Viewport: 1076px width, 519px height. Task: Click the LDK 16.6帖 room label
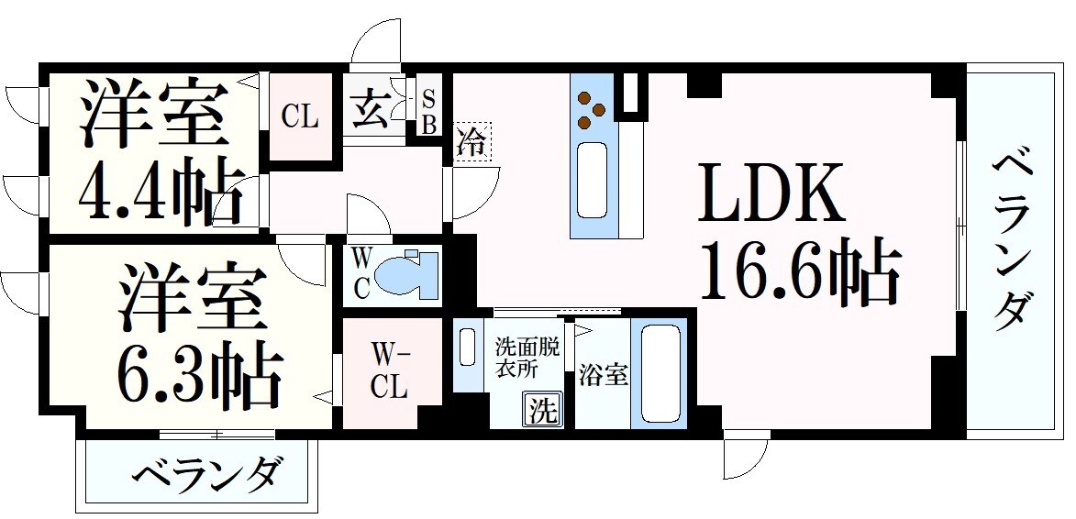[x=796, y=234]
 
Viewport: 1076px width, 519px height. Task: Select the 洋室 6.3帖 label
[x=195, y=337]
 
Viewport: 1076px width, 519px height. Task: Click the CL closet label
[x=299, y=116]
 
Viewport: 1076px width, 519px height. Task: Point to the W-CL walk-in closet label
[x=389, y=370]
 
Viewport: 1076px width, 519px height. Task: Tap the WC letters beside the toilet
[x=361, y=273]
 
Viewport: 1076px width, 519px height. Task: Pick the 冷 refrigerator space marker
[x=472, y=141]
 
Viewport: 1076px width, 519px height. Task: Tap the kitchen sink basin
[x=593, y=173]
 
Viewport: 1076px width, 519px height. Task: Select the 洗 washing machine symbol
[x=542, y=410]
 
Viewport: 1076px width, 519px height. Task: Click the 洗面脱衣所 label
[x=528, y=357]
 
